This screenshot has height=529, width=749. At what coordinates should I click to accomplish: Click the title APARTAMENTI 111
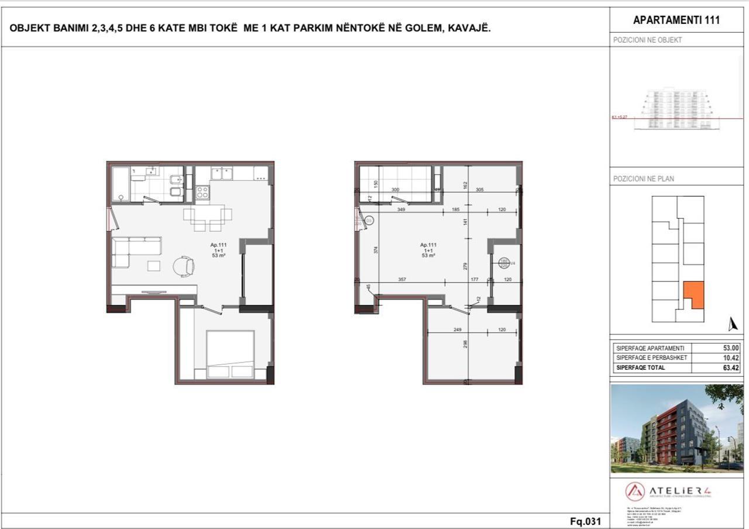[x=676, y=20]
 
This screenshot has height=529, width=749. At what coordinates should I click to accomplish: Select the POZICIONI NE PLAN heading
[x=643, y=178]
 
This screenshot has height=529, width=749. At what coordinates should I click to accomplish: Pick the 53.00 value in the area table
[x=731, y=348]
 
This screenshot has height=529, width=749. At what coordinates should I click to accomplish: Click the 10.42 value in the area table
[x=731, y=358]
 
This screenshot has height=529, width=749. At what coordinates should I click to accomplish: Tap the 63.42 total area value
[x=731, y=368]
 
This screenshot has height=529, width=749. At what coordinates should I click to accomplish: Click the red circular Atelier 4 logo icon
[x=635, y=491]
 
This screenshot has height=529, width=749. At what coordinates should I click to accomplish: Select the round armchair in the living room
[x=184, y=266]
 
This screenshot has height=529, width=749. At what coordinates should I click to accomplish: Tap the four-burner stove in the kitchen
[x=202, y=193]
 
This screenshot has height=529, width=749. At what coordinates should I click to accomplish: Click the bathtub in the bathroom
[x=121, y=184]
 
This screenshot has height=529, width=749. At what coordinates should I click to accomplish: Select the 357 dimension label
[x=402, y=280]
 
